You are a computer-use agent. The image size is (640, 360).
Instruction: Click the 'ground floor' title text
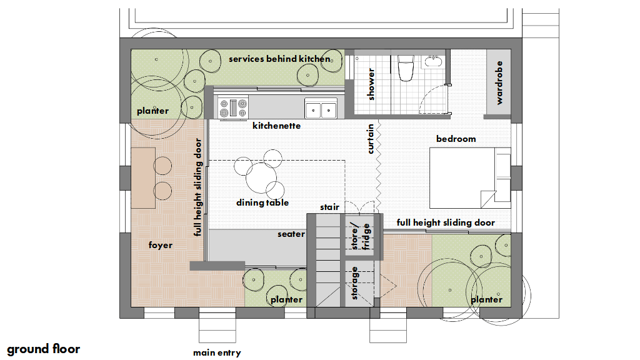pos(43,349)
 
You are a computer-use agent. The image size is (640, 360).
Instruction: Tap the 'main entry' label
pos(217,352)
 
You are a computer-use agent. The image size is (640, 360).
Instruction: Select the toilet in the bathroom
pos(406,68)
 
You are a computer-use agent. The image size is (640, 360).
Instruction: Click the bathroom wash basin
pos(432,61)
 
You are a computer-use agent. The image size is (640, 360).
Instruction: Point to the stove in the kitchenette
pos(232,107)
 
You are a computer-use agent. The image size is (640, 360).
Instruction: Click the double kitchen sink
pos(321,109)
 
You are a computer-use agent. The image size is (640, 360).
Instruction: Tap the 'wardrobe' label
pos(499,83)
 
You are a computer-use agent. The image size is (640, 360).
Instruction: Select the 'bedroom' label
pos(456,139)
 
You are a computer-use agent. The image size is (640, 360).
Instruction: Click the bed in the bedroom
pos(470,178)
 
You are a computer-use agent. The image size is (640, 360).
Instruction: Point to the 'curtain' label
pos(370,139)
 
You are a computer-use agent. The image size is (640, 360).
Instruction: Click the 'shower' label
pos(371,84)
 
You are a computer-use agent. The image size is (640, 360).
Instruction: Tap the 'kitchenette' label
pos(276,126)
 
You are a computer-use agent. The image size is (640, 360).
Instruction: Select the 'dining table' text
pos(262,202)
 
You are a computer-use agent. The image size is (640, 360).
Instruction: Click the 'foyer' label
pos(161,245)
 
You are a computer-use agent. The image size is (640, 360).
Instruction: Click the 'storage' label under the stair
pos(354,283)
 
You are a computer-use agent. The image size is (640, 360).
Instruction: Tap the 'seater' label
pos(291,234)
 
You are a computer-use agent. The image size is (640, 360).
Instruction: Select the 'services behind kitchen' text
pos(279,59)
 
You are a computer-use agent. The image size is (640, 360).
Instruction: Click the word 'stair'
pos(329,207)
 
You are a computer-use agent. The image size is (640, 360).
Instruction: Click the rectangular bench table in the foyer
pos(143,178)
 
